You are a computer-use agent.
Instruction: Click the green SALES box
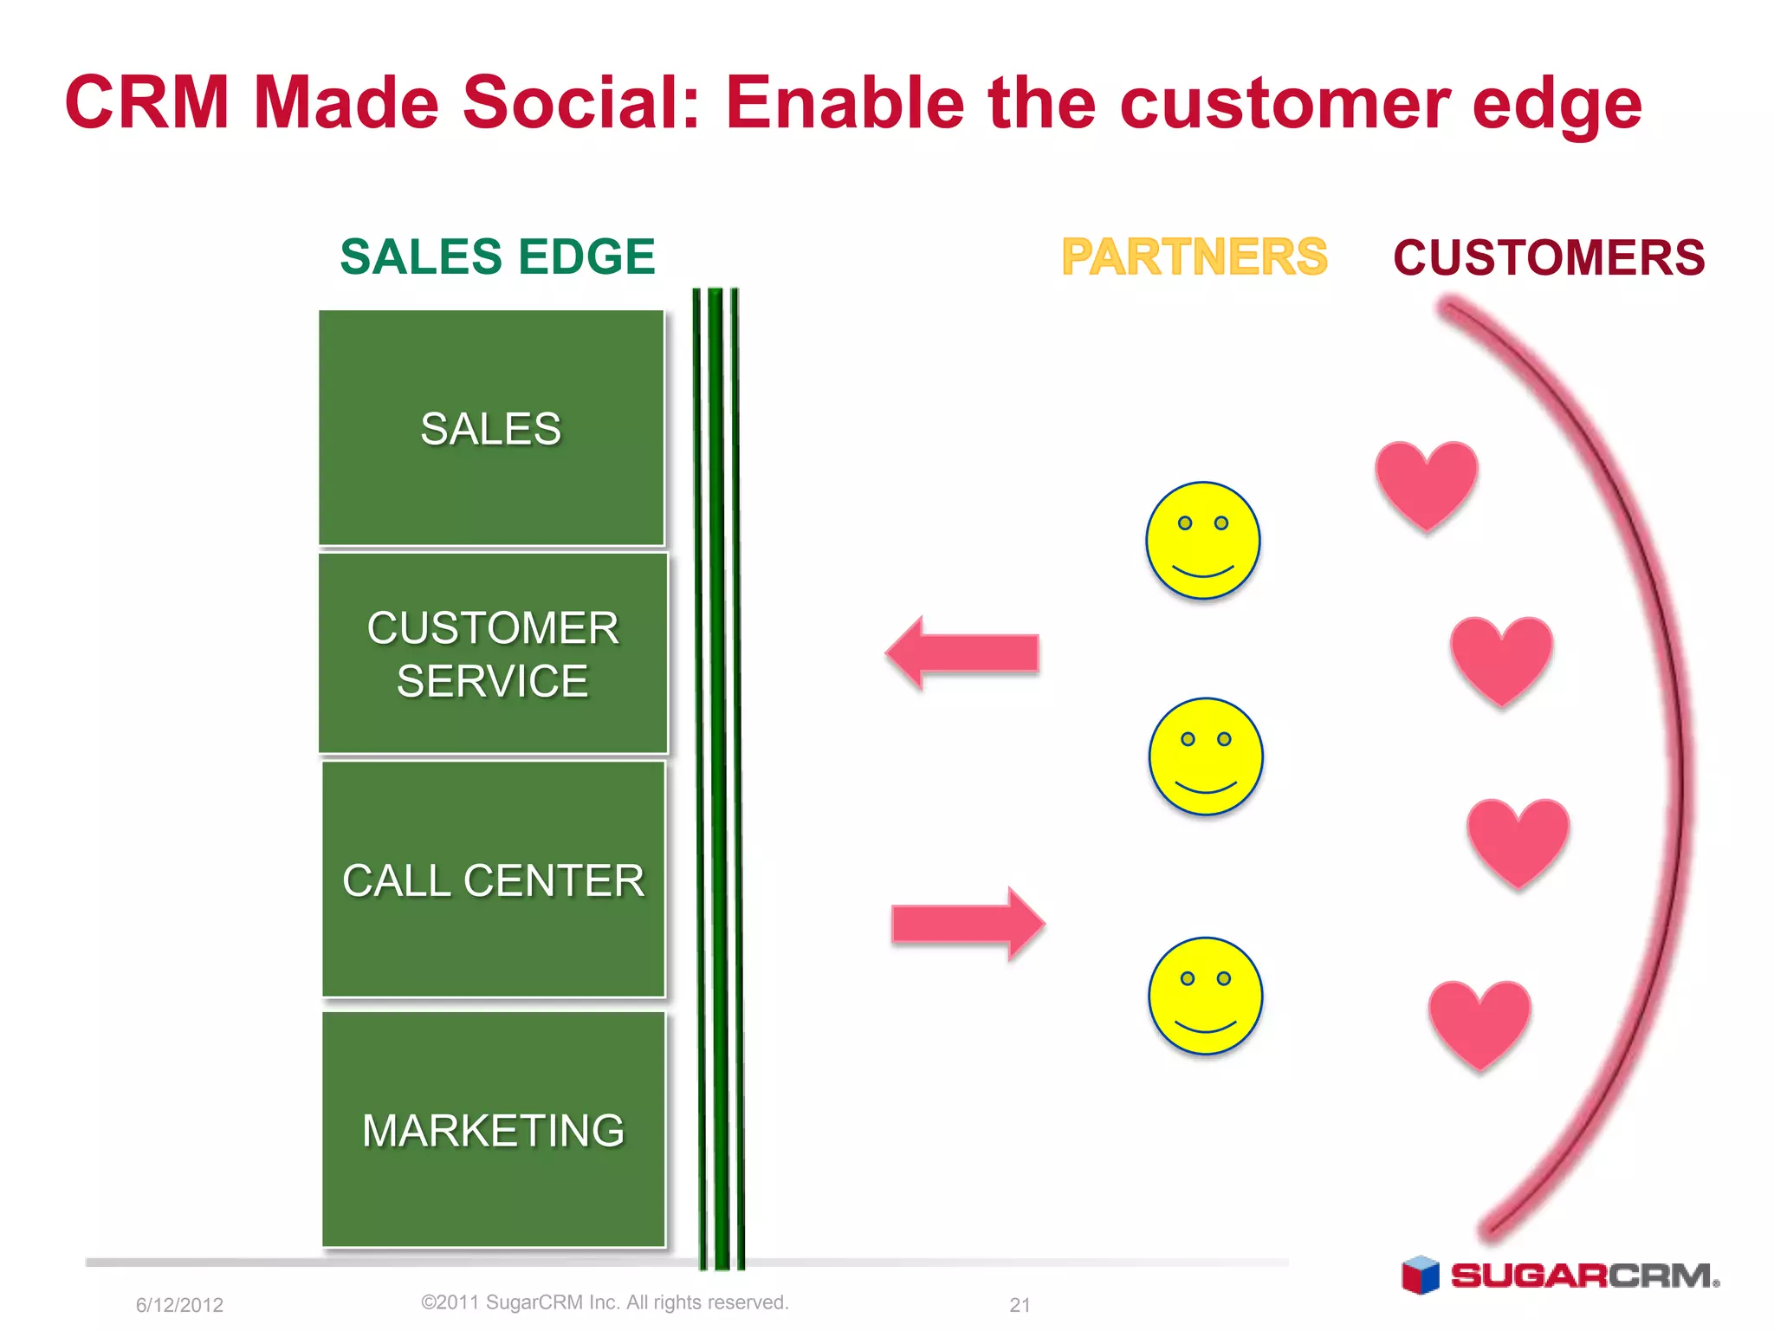[491, 428]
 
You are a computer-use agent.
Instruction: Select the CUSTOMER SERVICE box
[493, 653]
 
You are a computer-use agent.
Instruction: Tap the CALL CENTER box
[493, 880]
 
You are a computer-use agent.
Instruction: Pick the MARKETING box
[493, 1129]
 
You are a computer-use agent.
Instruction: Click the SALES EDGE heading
[497, 256]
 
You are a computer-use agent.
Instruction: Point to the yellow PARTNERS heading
[1194, 256]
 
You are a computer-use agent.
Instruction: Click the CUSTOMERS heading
[1549, 257]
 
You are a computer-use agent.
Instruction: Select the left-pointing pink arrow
[961, 653]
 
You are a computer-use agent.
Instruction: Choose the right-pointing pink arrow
[968, 923]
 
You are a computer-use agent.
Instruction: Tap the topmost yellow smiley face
[1202, 540]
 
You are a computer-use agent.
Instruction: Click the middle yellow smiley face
[1205, 756]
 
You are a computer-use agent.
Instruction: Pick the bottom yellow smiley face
[1205, 995]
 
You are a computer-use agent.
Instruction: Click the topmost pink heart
[1426, 483]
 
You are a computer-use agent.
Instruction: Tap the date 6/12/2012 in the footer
[179, 1305]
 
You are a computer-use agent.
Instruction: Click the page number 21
[1020, 1305]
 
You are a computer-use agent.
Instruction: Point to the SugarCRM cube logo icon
[1420, 1275]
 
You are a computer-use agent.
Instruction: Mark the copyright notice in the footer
[605, 1302]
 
